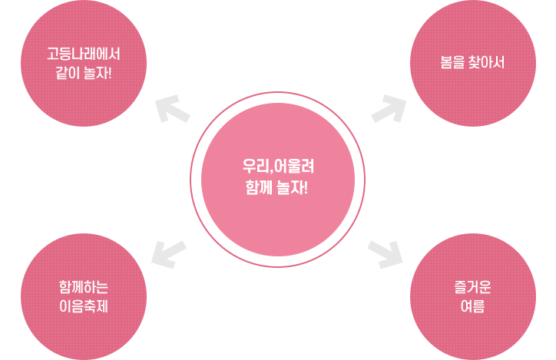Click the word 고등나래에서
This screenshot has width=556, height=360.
(x=84, y=54)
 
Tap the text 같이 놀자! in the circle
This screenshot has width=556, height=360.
(x=84, y=74)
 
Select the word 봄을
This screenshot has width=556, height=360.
(x=452, y=62)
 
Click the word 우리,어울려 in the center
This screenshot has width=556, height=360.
(x=278, y=166)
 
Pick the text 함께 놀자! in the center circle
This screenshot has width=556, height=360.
(x=276, y=187)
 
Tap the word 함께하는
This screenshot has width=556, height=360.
(x=84, y=287)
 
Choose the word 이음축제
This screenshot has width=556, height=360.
(x=84, y=306)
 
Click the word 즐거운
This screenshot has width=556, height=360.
(x=472, y=287)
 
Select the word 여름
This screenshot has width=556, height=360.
(x=472, y=306)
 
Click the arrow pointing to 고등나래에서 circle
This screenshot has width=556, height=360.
(x=172, y=109)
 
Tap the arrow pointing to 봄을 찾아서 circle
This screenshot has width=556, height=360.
(x=389, y=109)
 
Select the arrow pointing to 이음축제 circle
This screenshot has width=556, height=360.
(x=169, y=255)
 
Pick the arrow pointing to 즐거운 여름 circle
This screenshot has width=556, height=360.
(x=385, y=255)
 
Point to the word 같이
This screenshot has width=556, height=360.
(x=68, y=74)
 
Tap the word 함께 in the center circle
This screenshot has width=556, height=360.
(x=257, y=187)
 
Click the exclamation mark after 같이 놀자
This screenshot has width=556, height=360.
(x=110, y=74)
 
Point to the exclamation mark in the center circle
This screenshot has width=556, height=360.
(x=306, y=187)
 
